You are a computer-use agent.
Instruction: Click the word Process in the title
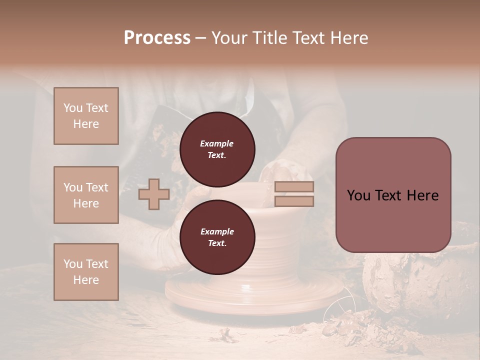(157, 38)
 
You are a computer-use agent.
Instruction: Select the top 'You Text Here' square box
(86, 116)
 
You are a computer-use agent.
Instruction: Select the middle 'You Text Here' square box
(86, 195)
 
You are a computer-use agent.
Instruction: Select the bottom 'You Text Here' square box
(86, 272)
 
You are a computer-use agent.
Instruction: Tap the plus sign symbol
(153, 194)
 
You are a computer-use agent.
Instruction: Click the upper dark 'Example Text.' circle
(217, 149)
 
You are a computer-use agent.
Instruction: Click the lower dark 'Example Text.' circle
(217, 237)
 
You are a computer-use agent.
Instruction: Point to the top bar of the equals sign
(294, 187)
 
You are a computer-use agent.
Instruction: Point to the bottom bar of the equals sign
(294, 201)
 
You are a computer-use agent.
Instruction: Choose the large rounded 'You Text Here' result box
(393, 195)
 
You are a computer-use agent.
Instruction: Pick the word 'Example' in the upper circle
(217, 144)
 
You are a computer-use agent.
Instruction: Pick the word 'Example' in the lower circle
(217, 231)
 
